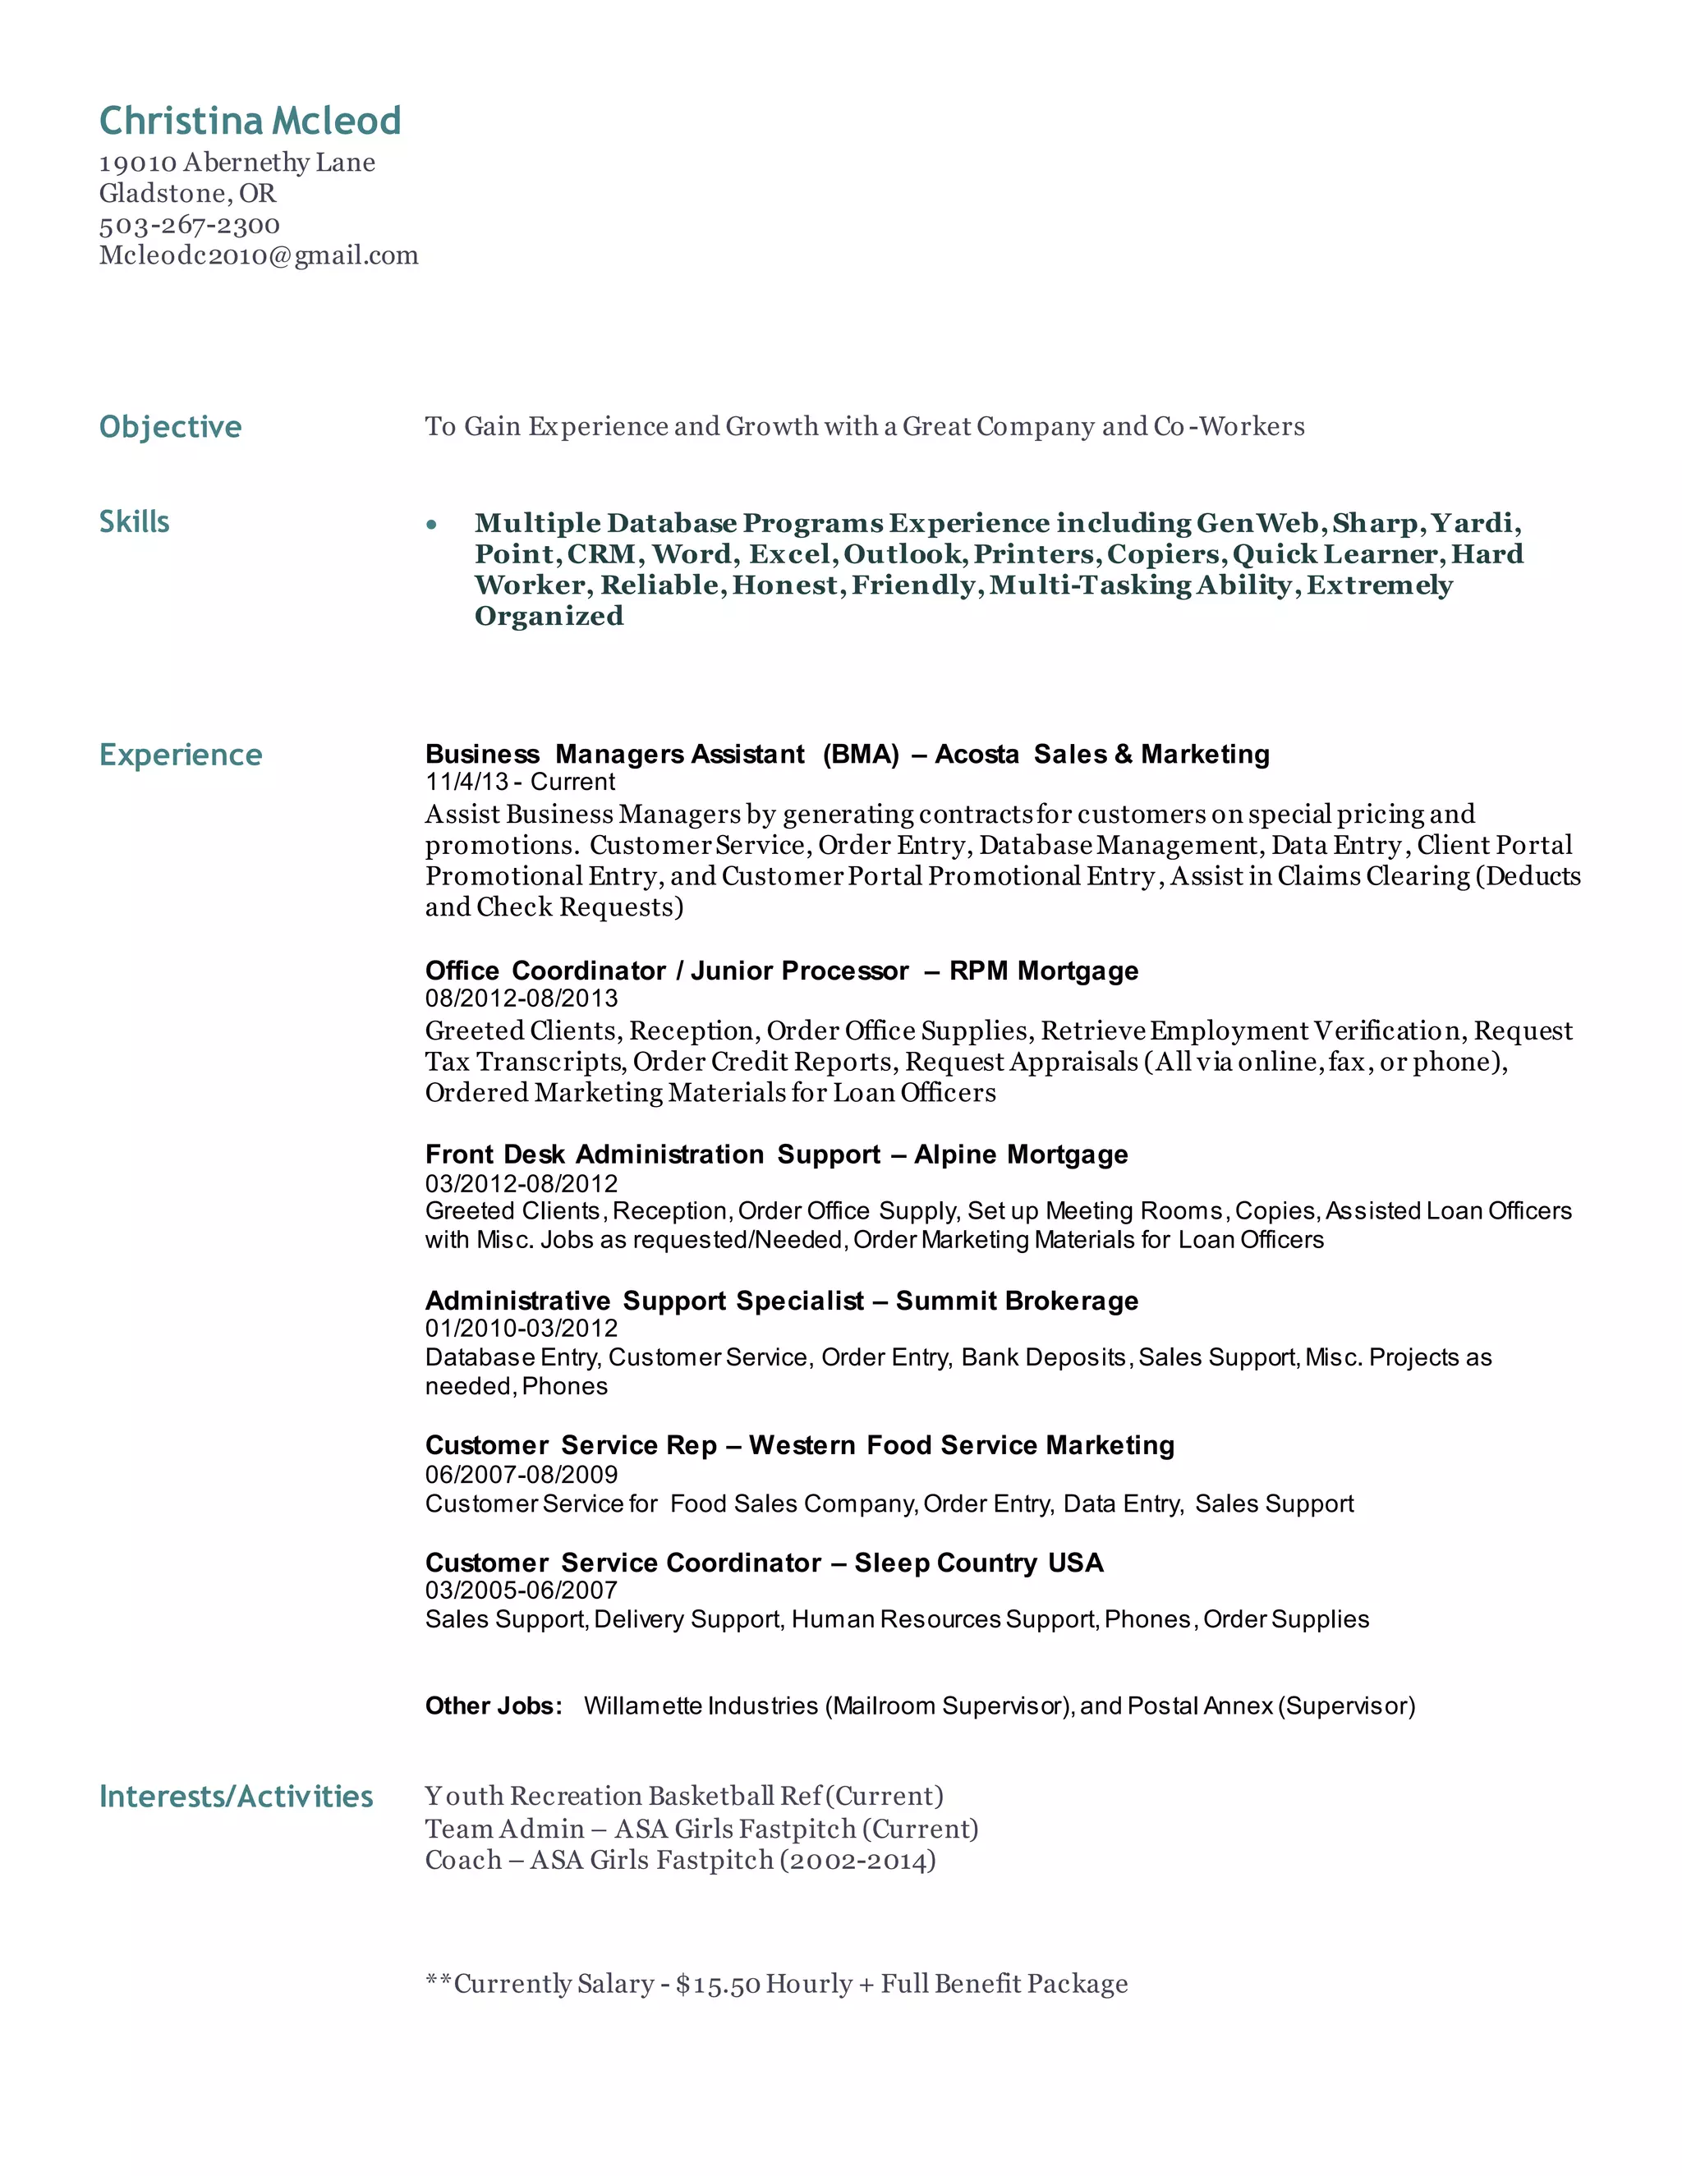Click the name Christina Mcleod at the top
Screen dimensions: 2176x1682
250,121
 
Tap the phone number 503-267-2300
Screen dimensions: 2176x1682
190,225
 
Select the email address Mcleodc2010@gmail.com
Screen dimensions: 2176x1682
258,256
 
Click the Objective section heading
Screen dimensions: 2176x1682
170,426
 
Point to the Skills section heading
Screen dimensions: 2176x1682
135,521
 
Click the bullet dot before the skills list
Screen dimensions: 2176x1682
431,524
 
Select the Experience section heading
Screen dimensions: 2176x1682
181,755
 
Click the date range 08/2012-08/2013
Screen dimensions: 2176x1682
522,998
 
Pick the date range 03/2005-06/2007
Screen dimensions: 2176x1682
522,1591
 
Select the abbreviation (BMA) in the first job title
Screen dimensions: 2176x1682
861,755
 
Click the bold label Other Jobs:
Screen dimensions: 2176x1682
494,1705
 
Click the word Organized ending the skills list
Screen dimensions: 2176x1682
549,616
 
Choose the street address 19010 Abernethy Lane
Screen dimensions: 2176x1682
237,163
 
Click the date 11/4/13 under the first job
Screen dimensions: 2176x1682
466,782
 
